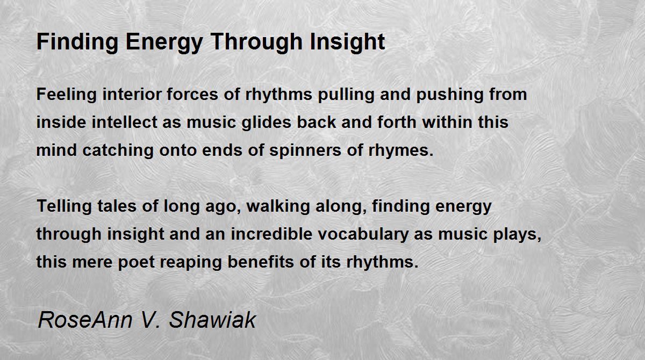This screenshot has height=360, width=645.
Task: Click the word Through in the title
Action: [x=256, y=42]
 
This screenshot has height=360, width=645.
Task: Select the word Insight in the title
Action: [x=347, y=42]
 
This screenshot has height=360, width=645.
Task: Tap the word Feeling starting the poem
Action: [x=67, y=95]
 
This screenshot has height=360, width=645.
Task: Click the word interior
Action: [x=132, y=94]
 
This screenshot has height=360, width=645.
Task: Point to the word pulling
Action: [x=346, y=95]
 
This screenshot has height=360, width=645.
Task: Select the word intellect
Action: [x=124, y=122]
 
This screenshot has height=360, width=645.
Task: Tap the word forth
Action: [x=397, y=122]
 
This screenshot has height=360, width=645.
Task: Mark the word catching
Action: [x=118, y=151]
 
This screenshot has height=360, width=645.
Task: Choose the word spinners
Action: [x=305, y=151]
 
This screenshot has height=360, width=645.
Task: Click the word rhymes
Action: [x=401, y=151]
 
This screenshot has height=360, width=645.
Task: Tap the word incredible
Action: [x=272, y=234]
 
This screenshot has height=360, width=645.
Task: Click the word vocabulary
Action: [x=363, y=234]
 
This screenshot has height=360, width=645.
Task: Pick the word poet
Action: [x=136, y=262]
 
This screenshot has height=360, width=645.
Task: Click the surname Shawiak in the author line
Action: [x=212, y=320]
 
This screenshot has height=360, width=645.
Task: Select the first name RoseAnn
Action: [x=85, y=320]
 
